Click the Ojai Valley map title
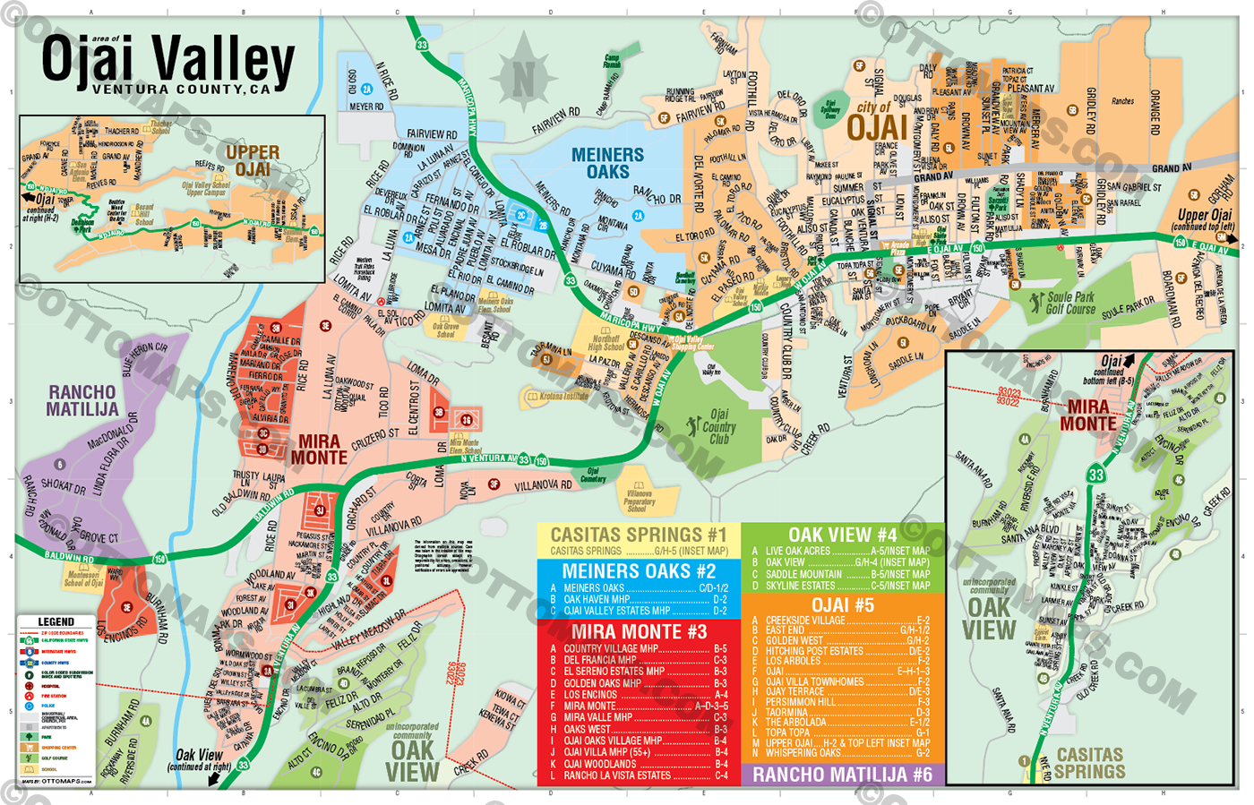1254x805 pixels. tap(167, 60)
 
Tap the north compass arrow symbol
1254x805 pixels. tap(523, 79)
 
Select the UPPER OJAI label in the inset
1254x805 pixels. tap(253, 160)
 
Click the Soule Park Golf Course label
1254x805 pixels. tap(1070, 303)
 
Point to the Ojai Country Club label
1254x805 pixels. tap(718, 427)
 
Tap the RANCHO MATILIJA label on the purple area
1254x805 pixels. tap(82, 400)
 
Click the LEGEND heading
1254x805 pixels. tap(56, 621)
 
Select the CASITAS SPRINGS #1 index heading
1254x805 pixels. tap(639, 535)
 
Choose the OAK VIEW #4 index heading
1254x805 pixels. tap(842, 535)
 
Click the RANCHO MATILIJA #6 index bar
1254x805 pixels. tap(842, 775)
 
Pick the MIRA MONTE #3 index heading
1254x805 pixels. tap(639, 631)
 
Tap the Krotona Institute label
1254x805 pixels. tap(563, 396)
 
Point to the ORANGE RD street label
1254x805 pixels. tap(1155, 112)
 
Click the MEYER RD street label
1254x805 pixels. tap(366, 107)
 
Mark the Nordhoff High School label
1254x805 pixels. tap(606, 343)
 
